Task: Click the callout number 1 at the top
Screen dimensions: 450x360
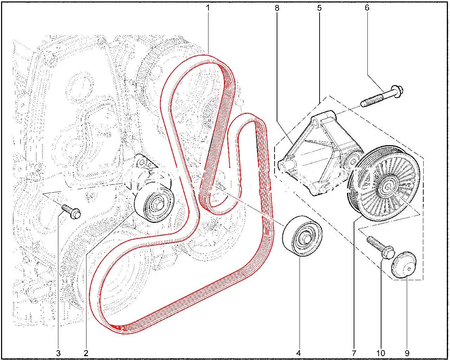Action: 208,8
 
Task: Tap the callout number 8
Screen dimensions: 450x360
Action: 277,8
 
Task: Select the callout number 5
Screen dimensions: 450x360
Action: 319,8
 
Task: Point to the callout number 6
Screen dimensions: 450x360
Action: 367,8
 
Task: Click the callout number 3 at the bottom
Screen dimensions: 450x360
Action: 58,353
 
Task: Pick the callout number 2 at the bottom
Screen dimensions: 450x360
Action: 86,353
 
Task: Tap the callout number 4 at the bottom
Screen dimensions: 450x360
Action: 298,353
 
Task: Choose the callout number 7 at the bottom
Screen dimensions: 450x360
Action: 354,353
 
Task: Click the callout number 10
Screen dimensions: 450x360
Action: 381,353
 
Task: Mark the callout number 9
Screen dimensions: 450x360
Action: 407,353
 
